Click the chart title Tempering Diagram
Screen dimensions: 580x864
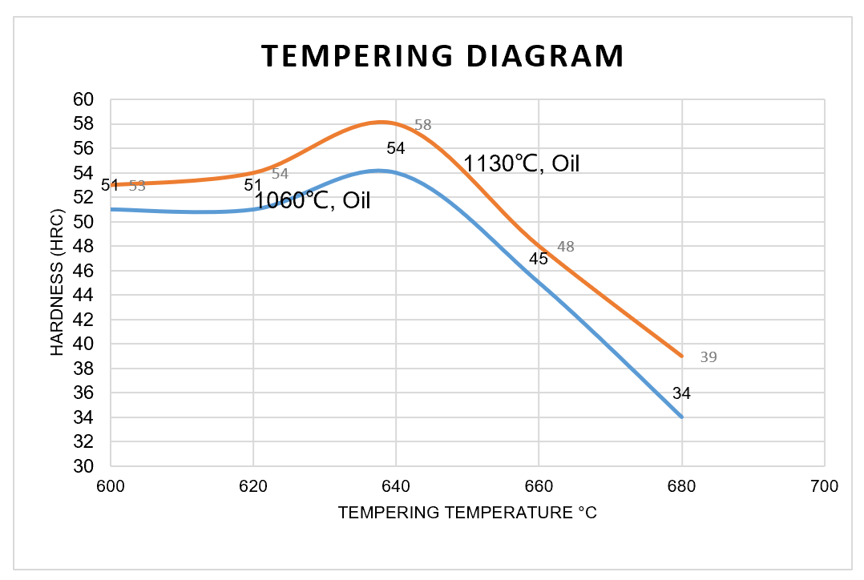click(x=442, y=57)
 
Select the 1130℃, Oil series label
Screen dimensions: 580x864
click(x=521, y=164)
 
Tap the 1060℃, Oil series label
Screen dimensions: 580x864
click(x=312, y=200)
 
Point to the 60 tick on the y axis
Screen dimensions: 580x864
click(x=84, y=100)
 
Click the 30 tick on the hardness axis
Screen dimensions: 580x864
click(x=84, y=466)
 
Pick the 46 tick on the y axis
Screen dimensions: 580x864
click(x=84, y=271)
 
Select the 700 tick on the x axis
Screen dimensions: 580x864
click(x=825, y=486)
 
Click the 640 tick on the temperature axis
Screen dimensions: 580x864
click(x=396, y=486)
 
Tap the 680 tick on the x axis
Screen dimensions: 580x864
click(x=682, y=486)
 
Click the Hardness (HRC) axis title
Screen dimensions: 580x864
click(x=58, y=283)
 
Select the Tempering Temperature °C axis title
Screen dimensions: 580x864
click(x=467, y=513)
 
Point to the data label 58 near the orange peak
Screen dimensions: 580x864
click(x=422, y=125)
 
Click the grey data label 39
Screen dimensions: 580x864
click(x=709, y=357)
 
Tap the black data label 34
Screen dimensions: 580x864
click(x=681, y=393)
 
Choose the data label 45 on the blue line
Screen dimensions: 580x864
click(x=539, y=259)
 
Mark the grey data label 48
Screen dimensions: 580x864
click(x=566, y=247)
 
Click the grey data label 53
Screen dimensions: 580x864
click(x=137, y=186)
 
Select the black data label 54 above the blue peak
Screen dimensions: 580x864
click(x=396, y=148)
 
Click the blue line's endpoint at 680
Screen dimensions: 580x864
click(x=681, y=417)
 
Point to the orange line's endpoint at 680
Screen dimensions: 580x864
click(x=681, y=356)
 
